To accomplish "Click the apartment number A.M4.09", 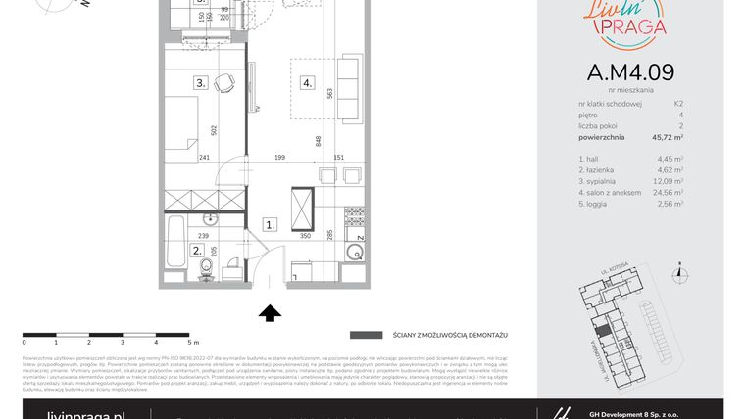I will click(x=630, y=72).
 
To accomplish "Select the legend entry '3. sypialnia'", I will click(x=600, y=181).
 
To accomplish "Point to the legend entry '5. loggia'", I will click(x=596, y=205).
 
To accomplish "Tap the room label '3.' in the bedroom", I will click(x=200, y=83).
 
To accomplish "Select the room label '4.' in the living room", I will click(x=307, y=83).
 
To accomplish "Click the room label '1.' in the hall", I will click(x=270, y=224).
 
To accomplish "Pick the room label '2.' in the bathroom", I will click(x=197, y=251).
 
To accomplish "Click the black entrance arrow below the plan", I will click(x=271, y=312).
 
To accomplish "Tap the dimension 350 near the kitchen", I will click(x=305, y=236).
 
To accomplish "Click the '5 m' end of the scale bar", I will click(x=191, y=343).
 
